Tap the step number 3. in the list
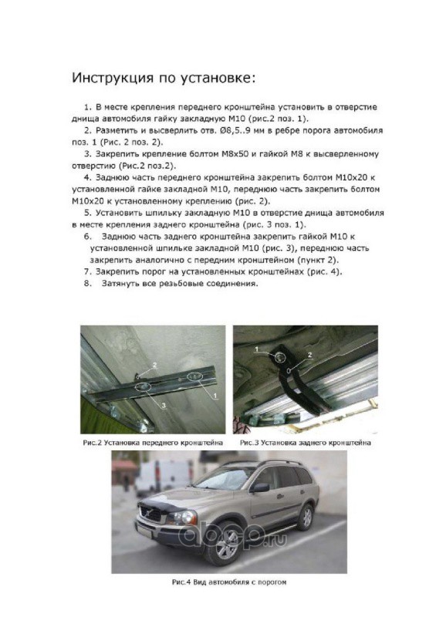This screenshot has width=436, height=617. click(x=88, y=153)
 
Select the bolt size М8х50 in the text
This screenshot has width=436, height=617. click(x=234, y=153)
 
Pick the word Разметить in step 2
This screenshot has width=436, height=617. click(x=115, y=130)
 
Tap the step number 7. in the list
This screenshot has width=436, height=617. click(x=88, y=272)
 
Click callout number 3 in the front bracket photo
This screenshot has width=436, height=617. click(x=164, y=405)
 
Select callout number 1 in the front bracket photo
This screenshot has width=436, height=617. click(x=215, y=394)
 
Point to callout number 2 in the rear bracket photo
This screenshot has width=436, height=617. click(x=309, y=355)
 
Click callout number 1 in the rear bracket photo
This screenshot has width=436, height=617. click(x=256, y=349)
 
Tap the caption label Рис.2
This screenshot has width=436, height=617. click(x=92, y=443)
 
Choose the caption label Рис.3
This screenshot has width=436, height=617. click(x=250, y=443)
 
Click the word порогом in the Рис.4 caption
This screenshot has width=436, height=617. click(x=272, y=582)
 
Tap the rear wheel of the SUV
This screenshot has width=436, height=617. click(x=306, y=516)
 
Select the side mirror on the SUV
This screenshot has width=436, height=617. click(x=260, y=488)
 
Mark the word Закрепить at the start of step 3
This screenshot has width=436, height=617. click(x=114, y=153)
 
